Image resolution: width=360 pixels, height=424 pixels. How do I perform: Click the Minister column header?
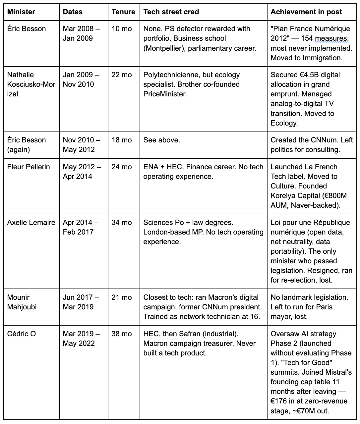(x=21, y=12)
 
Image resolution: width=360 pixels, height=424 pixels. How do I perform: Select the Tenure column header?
(x=123, y=12)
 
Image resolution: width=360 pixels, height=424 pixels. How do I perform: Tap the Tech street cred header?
(x=171, y=12)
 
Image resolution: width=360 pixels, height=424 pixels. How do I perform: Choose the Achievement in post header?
(x=306, y=12)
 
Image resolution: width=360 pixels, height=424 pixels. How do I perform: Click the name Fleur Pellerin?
(x=29, y=167)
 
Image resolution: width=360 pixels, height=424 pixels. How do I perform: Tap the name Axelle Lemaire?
(x=31, y=223)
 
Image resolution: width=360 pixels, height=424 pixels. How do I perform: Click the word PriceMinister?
(x=165, y=94)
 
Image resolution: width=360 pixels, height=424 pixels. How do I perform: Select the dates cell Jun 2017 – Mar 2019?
(x=81, y=302)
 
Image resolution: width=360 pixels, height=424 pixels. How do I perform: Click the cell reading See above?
(x=162, y=140)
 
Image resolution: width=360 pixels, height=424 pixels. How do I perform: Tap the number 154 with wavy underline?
(x=307, y=38)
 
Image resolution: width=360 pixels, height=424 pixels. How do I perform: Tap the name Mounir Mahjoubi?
(x=22, y=302)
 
